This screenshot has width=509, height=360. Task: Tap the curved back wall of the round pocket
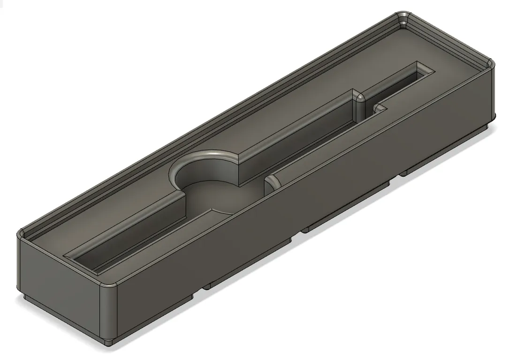click(202, 164)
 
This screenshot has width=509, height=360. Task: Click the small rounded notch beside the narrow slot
click(379, 109)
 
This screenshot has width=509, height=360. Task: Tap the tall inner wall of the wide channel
click(300, 131)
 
